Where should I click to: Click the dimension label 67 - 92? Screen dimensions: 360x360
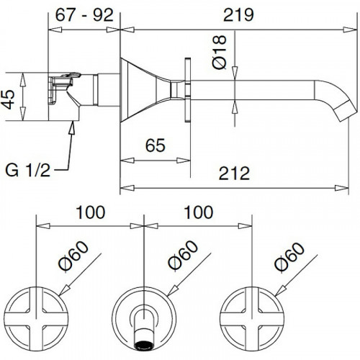(x=84, y=15)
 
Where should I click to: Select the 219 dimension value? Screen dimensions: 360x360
(x=238, y=15)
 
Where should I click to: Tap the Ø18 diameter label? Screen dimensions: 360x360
(x=220, y=52)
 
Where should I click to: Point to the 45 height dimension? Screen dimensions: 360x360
(x=8, y=99)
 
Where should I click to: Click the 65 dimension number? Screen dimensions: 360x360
(x=156, y=145)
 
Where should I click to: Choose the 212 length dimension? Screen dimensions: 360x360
(x=234, y=174)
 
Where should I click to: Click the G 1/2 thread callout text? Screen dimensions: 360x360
(x=28, y=170)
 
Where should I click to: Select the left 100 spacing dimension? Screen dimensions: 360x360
(x=91, y=212)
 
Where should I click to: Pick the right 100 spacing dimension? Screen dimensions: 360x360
(x=199, y=212)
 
